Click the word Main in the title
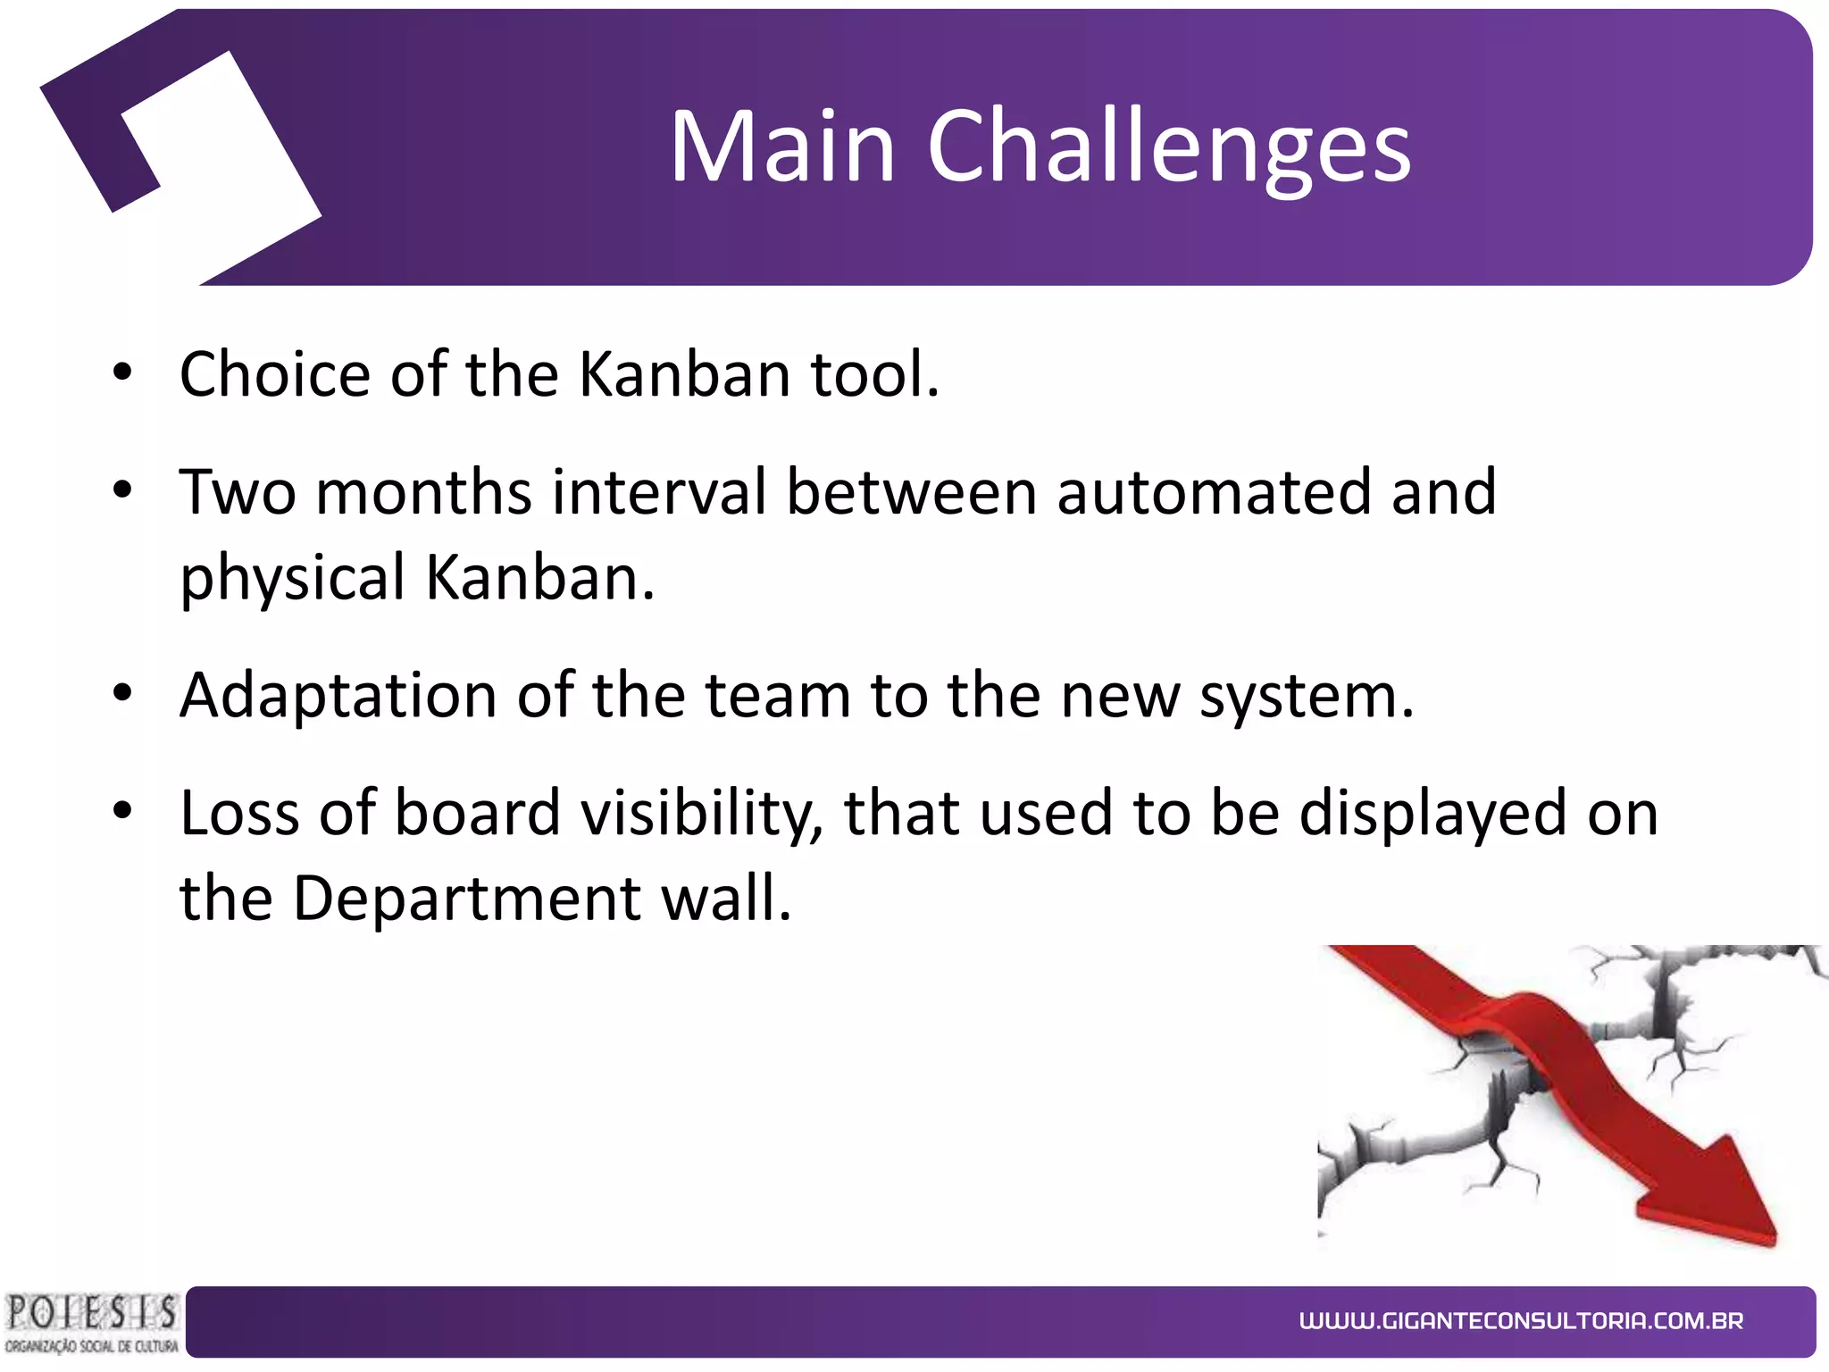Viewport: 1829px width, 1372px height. (782, 147)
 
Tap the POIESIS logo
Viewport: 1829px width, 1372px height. (91, 1323)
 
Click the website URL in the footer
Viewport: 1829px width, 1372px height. (1521, 1320)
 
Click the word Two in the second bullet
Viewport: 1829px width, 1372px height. (238, 492)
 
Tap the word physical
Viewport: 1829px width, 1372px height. (293, 579)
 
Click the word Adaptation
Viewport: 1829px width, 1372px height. (338, 696)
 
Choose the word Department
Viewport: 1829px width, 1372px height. (466, 899)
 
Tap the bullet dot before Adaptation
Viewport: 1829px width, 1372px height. (122, 694)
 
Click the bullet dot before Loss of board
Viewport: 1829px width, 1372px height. (122, 811)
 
